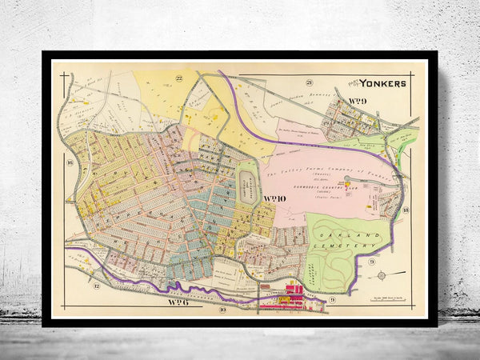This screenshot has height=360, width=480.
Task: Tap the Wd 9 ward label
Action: click(x=357, y=100)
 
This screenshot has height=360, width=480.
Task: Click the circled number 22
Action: click(x=181, y=78)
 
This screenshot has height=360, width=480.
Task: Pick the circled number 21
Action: click(x=308, y=82)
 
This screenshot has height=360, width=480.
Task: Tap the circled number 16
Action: click(x=70, y=163)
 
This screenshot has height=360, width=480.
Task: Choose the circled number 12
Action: click(x=96, y=286)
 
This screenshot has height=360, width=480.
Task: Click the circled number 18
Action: click(x=406, y=210)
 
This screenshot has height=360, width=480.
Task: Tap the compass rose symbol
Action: click(x=381, y=277)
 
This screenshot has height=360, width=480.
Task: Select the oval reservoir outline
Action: click(x=249, y=186)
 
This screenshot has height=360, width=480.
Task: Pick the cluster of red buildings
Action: click(x=289, y=301)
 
